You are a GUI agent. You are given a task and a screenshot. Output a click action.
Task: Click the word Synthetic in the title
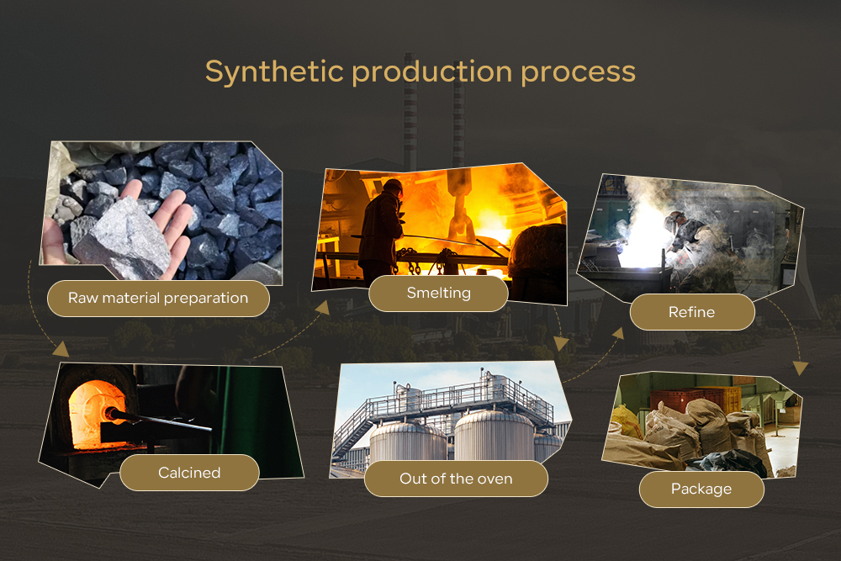pos(274,71)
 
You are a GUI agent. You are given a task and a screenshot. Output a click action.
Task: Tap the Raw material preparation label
pos(158,299)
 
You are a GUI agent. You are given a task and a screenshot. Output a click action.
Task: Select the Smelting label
pos(438,293)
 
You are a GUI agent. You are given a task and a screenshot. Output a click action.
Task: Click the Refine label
pos(692,312)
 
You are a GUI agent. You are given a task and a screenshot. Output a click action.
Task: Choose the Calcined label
pos(189,473)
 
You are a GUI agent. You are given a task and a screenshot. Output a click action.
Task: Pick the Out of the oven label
pos(456,479)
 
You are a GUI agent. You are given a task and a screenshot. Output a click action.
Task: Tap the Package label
pos(701,490)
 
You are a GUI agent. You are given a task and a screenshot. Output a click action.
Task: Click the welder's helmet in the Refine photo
pos(674,219)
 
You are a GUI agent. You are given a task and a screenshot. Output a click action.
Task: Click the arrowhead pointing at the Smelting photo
pos(322,307)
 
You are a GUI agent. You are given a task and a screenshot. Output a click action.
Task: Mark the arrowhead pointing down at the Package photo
pos(801,368)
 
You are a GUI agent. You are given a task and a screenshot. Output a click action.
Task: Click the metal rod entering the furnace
pos(160,421)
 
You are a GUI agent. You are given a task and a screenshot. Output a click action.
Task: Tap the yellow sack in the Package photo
pos(627,421)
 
